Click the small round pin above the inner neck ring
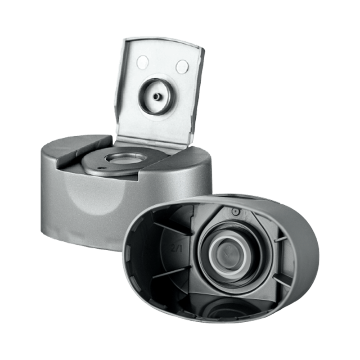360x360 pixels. tap(235, 211)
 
